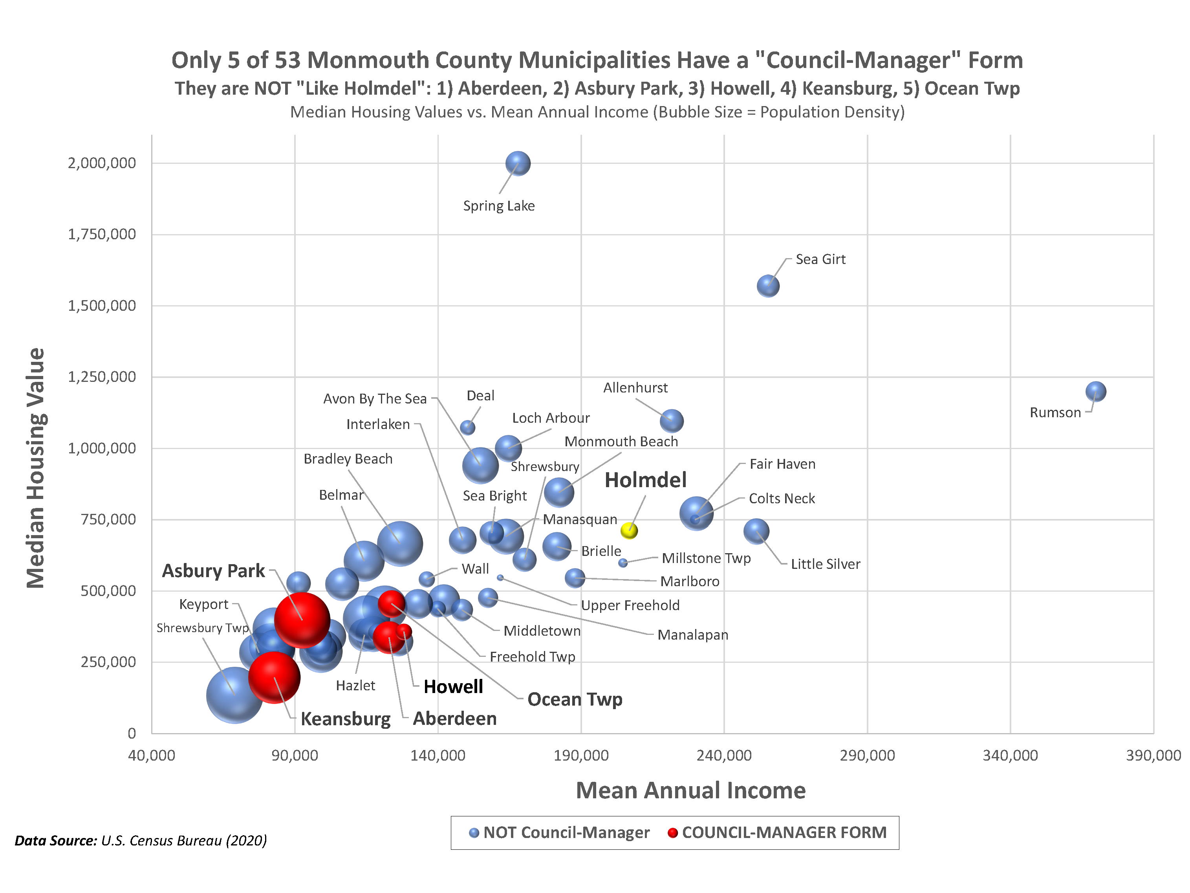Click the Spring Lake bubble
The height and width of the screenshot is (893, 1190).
coord(518,163)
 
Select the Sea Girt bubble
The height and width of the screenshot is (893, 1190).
coord(768,286)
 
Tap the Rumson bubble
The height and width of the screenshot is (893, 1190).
coord(1095,391)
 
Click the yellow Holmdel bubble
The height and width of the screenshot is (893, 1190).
coord(629,531)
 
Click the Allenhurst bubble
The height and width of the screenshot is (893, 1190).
coord(672,420)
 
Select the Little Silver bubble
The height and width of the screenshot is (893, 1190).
coord(756,531)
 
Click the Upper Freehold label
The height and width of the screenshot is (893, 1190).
coord(630,605)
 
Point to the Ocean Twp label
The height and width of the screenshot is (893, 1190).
coord(575,699)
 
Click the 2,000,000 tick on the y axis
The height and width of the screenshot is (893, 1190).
coord(102,163)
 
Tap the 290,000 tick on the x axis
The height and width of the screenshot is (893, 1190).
coord(867,755)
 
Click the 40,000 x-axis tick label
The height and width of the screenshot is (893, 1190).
coord(152,755)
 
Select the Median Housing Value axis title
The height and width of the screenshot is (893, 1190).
coord(36,468)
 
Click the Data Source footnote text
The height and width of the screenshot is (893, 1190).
coord(141,840)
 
